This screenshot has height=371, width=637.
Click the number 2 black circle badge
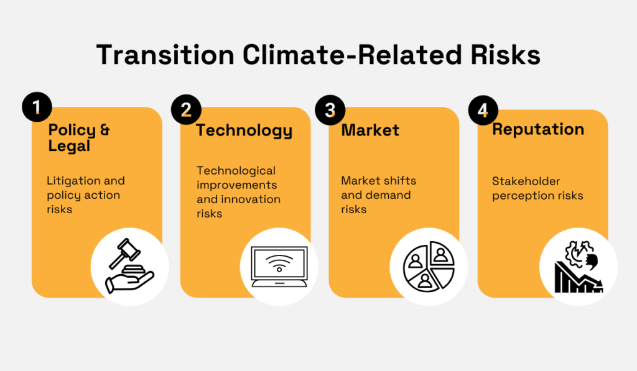[186, 110]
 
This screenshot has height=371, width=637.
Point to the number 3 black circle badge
[330, 110]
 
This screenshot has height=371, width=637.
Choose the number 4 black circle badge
[483, 109]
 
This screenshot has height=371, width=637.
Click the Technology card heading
[244, 131]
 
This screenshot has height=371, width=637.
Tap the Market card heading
[370, 131]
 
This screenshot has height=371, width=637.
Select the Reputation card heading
[538, 129]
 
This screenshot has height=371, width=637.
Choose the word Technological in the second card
[236, 170]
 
